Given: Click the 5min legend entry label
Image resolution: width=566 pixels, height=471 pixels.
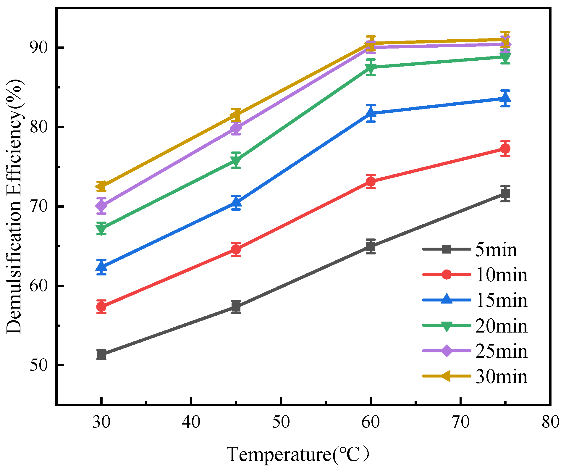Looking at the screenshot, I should [496, 250].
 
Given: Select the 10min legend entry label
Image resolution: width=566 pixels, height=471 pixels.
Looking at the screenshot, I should [501, 275].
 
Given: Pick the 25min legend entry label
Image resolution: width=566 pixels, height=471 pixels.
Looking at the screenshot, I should [501, 351].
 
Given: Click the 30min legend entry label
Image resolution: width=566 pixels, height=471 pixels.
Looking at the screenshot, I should [501, 377].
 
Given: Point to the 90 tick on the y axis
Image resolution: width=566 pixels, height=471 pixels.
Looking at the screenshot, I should [39, 48].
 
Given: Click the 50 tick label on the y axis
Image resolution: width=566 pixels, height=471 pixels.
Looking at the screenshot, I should [39, 365].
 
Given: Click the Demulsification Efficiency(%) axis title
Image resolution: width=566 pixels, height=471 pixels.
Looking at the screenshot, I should [14, 207].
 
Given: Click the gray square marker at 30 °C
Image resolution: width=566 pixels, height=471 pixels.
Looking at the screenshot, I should [101, 354].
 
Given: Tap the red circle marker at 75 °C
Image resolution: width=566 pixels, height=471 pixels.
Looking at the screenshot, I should [505, 149].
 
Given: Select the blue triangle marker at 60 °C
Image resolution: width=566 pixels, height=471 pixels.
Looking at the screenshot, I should [371, 113].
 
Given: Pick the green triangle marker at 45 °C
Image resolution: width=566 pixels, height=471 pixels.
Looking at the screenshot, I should [236, 161].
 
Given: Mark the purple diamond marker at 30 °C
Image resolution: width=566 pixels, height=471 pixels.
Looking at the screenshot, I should [101, 205].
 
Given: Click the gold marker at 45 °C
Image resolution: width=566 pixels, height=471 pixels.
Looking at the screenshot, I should [236, 115].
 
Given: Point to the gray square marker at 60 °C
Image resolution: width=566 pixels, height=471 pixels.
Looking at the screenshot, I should [371, 246].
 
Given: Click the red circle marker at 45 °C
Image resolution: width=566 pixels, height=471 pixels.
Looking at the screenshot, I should [236, 249].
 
